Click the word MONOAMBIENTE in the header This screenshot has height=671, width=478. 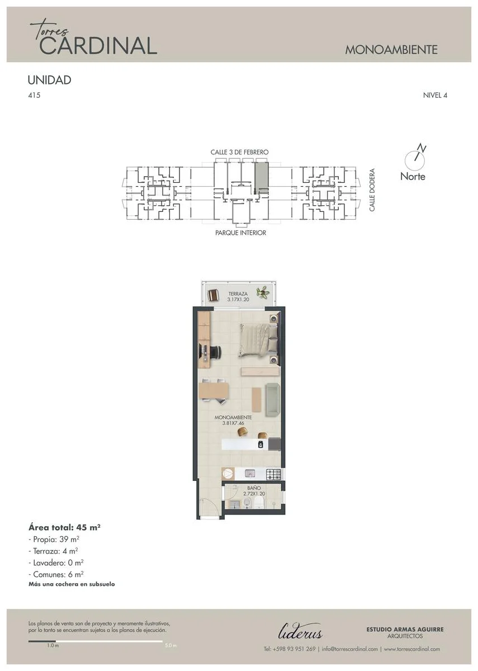point(391,50)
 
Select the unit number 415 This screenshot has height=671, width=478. point(34,95)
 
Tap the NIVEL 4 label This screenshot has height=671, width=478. point(435,95)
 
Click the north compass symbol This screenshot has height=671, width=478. point(415,159)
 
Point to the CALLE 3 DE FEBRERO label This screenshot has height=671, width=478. point(240,152)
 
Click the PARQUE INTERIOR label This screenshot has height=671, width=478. point(241,233)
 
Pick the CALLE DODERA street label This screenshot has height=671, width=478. point(372,190)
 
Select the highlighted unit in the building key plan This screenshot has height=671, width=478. point(262,177)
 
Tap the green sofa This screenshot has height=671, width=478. point(273,399)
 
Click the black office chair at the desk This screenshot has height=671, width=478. point(215,353)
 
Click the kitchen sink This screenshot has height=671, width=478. point(249,474)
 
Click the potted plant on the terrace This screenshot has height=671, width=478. point(263,291)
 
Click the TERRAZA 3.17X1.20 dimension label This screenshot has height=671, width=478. point(238,296)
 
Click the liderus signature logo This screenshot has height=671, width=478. point(300,632)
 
